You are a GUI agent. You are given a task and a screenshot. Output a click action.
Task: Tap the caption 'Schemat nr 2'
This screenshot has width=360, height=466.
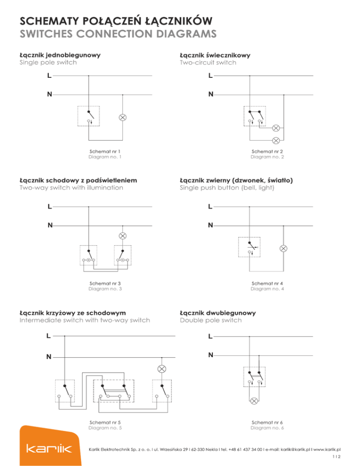click(x=267, y=152)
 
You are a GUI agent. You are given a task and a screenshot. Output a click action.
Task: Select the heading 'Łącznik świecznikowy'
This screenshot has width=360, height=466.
click(x=215, y=55)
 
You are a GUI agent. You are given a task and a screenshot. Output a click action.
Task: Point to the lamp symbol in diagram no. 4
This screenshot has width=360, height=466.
click(x=283, y=248)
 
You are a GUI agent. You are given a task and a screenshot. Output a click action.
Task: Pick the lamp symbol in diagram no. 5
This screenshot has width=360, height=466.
click(x=162, y=368)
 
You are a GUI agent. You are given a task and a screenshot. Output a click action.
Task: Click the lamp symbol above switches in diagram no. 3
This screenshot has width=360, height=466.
click(x=123, y=235)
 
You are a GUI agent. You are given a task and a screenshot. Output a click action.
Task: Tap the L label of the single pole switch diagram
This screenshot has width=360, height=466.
click(x=49, y=75)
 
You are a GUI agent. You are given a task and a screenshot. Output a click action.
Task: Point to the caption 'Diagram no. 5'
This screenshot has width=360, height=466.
click(x=105, y=428)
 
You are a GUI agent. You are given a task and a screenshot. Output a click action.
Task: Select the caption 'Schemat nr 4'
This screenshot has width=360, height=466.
click(x=267, y=283)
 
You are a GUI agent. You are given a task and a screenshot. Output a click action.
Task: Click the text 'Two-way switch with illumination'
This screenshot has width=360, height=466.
click(x=72, y=188)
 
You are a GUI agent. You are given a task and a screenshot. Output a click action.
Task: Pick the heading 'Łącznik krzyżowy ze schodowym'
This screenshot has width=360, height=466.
click(x=75, y=312)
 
